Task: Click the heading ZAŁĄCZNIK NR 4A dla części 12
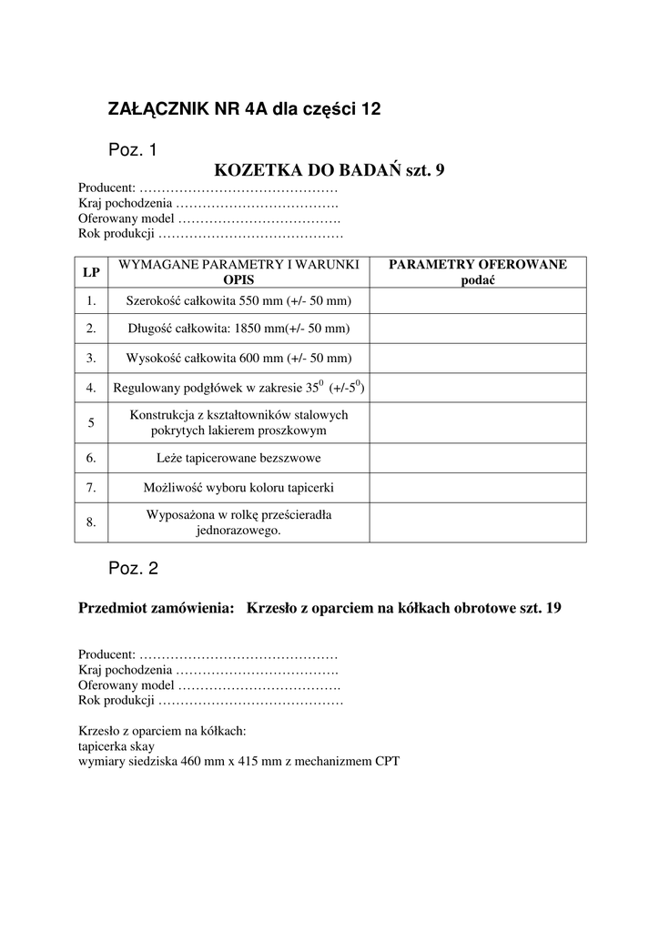(244, 109)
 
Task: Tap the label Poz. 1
(133, 148)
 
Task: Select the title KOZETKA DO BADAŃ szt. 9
(329, 170)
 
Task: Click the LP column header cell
(91, 272)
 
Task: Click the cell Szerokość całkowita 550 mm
(238, 301)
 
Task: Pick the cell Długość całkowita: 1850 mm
(238, 329)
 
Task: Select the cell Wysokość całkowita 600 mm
(238, 359)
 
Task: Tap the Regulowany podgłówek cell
(238, 388)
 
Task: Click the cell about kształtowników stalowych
(238, 422)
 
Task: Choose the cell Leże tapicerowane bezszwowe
(238, 458)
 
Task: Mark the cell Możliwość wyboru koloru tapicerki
(238, 488)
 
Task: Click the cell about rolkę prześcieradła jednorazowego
(238, 522)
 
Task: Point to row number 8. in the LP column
(91, 522)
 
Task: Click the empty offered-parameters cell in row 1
(477, 301)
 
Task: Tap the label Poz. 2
(133, 569)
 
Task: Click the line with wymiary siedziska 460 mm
(239, 761)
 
